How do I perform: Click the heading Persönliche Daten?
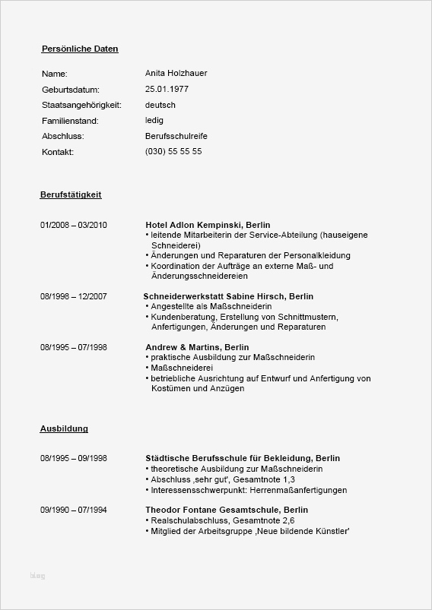[80, 49]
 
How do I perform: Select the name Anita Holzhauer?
[176, 73]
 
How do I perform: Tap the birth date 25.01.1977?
[167, 89]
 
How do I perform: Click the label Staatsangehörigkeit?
[81, 105]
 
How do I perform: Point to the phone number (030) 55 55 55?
[173, 151]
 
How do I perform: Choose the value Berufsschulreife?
[176, 136]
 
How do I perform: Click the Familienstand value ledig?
[154, 120]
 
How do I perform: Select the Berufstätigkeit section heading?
[71, 194]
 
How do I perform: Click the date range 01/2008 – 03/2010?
[74, 226]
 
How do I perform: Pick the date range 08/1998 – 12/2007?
[74, 296]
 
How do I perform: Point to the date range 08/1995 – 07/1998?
[74, 347]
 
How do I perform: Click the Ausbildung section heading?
[64, 428]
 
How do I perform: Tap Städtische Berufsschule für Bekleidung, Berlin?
[243, 458]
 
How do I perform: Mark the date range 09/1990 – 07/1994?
[74, 509]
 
